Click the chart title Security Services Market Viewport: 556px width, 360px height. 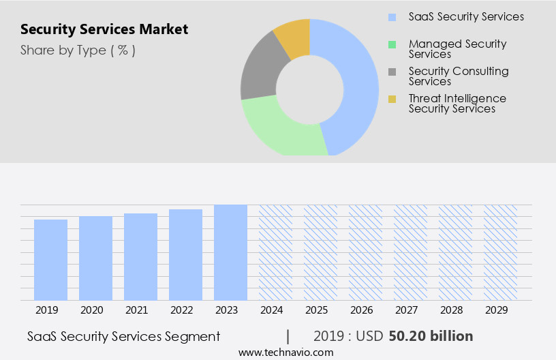coord(104,30)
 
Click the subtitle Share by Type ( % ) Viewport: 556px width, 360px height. coord(78,50)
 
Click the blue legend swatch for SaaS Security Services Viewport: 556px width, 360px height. coord(392,17)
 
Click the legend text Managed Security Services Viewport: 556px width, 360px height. coord(457,49)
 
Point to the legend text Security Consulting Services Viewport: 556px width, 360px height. coord(458,76)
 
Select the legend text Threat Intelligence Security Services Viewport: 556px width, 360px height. coord(457,104)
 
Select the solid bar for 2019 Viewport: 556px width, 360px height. coord(51,260)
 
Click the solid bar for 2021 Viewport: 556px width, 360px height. coord(141,257)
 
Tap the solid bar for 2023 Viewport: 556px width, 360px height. coord(231,252)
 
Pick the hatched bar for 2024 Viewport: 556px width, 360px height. coord(276,252)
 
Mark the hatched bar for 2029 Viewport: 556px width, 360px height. coord(501,252)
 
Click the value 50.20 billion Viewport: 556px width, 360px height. coord(430,336)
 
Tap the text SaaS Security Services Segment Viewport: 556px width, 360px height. coord(124,336)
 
